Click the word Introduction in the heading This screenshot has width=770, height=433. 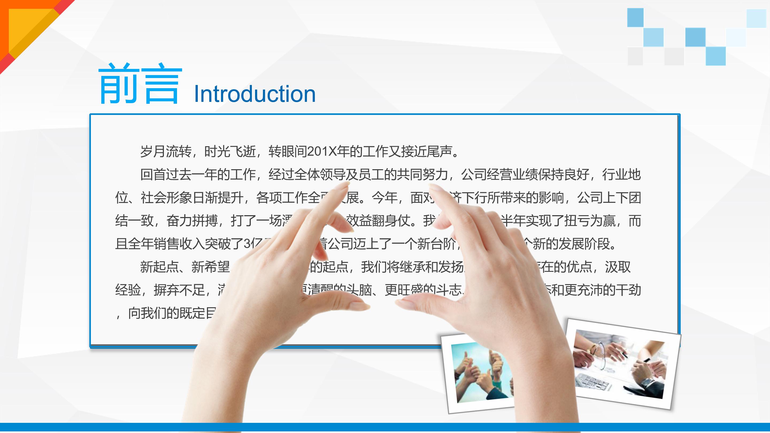[x=255, y=94]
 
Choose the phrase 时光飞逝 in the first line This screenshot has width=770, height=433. [x=230, y=152]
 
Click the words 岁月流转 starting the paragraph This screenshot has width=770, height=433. [x=166, y=152]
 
